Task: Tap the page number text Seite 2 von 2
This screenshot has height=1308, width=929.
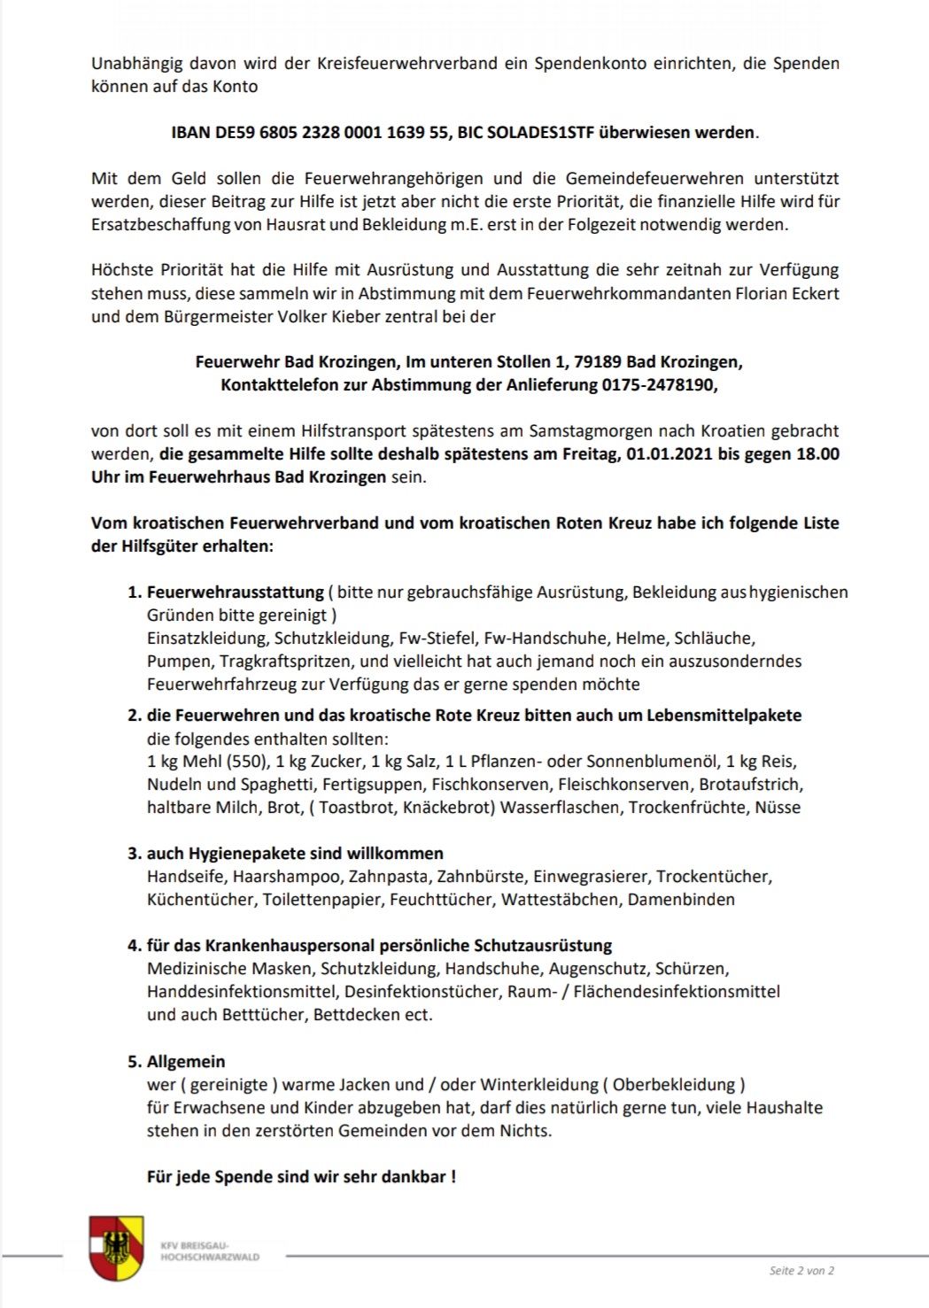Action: (x=801, y=1270)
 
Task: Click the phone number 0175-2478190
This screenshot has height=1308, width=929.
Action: (x=658, y=385)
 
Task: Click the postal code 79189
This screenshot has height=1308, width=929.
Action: (x=597, y=362)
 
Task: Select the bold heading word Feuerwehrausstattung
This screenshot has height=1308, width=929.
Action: (x=235, y=592)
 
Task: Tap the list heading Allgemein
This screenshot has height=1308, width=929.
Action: (x=186, y=1061)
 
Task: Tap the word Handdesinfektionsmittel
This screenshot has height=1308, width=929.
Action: (x=243, y=992)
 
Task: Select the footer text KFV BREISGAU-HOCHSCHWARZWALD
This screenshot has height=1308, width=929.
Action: (x=210, y=1251)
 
